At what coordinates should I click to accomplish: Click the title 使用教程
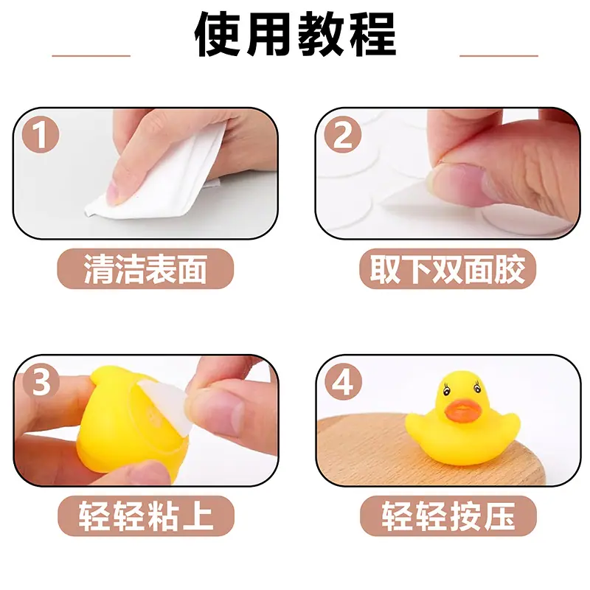[296, 35]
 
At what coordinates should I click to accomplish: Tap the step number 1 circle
[41, 134]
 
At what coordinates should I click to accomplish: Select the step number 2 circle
[342, 134]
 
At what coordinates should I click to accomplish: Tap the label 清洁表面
[145, 268]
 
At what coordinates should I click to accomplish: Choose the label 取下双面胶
[448, 268]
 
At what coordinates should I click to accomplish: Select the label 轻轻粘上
[146, 516]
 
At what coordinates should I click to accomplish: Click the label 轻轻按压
[448, 516]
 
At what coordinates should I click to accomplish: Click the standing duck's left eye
[447, 390]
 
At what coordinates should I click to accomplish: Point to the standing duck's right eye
[477, 387]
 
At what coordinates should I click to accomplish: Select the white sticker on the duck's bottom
[174, 406]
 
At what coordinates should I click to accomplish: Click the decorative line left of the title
[91, 56]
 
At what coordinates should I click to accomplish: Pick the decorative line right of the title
[499, 56]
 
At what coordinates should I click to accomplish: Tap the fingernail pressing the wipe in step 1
[115, 191]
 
